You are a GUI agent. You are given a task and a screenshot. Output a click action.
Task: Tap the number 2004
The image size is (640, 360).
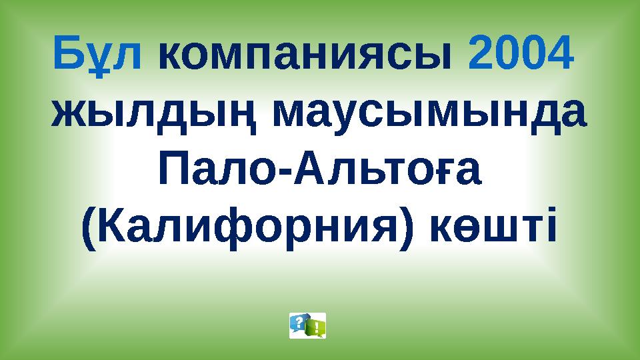(521, 54)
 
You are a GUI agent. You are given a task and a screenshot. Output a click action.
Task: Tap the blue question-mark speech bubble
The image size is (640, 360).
(299, 323)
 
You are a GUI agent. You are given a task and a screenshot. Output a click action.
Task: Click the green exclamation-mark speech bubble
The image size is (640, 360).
(315, 327)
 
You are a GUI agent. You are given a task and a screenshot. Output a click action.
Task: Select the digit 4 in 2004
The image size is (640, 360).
(560, 54)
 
